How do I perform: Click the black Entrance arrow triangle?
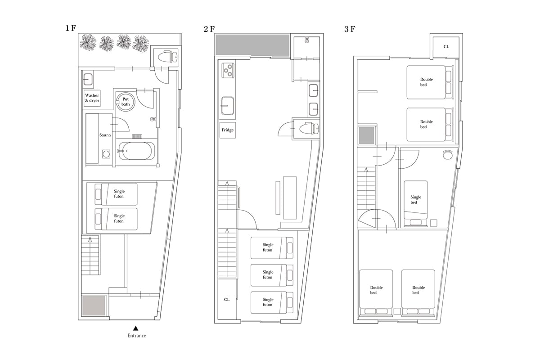[136, 328]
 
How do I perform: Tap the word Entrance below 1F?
[137, 335]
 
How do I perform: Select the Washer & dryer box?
[92, 98]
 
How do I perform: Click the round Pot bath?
[125, 102]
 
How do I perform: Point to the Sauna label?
[105, 135]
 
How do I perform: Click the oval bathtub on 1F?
[136, 151]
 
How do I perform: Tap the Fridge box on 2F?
[228, 130]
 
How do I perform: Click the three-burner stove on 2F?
[228, 70]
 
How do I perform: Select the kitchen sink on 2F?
[228, 106]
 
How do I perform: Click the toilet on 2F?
[309, 129]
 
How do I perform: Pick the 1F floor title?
[71, 28]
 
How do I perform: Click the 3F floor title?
[350, 29]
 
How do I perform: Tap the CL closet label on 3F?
[446, 46]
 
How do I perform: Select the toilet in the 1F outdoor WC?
[168, 57]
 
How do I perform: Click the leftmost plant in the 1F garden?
[88, 42]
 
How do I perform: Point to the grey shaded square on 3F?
[366, 135]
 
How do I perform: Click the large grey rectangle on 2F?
[252, 45]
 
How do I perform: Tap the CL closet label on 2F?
[227, 300]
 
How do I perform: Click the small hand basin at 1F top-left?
[88, 79]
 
